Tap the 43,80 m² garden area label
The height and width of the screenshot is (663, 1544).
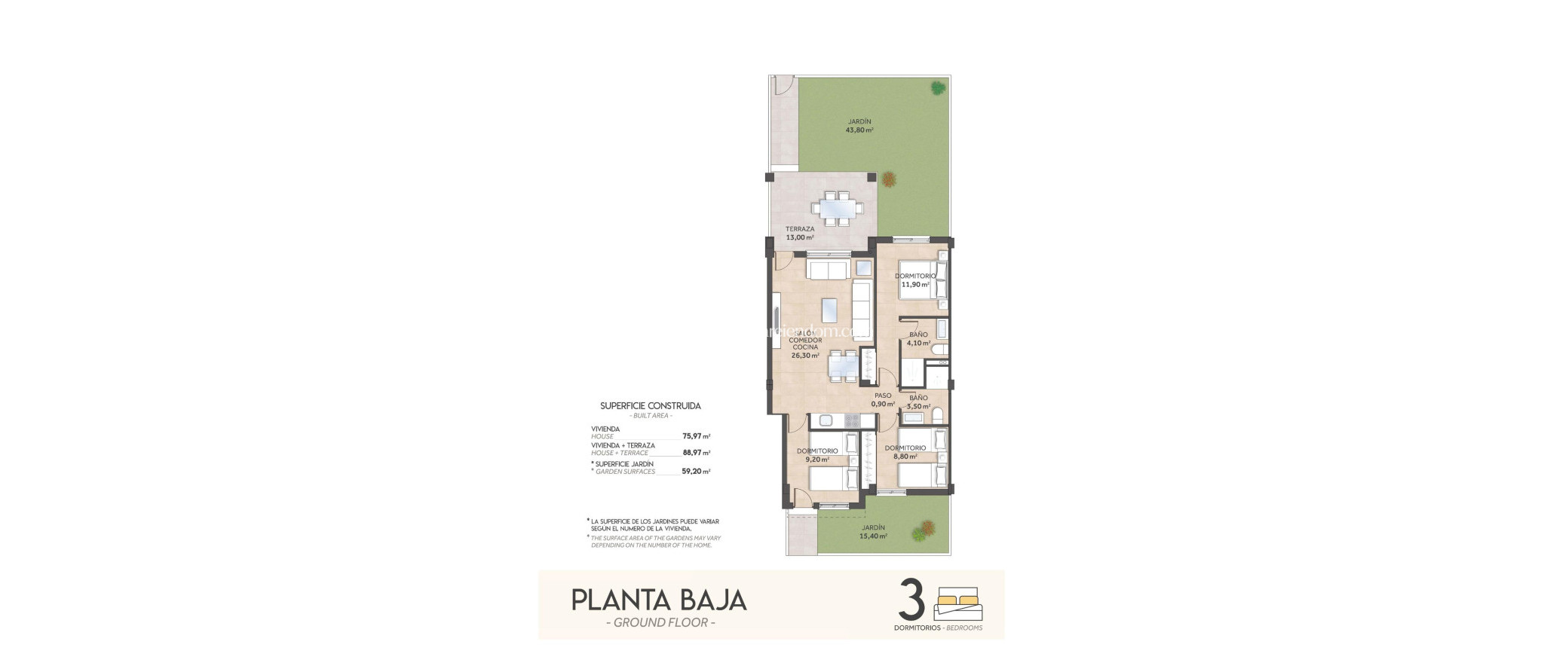tap(859, 126)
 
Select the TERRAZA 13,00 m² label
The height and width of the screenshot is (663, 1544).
tap(800, 233)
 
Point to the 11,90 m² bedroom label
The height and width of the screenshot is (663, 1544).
tap(914, 280)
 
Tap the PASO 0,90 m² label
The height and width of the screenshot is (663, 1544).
tap(883, 399)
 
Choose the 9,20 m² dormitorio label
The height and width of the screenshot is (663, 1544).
tap(817, 455)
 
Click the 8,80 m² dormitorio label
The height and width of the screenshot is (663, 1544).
tap(905, 452)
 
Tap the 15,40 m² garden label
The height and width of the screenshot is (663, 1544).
tap(874, 532)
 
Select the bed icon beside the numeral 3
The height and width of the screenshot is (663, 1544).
tap(958, 603)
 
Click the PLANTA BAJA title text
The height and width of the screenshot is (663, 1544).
tap(659, 600)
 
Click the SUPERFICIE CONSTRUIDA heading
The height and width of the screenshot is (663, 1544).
tap(650, 406)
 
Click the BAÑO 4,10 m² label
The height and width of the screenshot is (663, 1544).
tap(918, 338)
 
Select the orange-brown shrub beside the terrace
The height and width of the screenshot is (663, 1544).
tap(889, 179)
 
